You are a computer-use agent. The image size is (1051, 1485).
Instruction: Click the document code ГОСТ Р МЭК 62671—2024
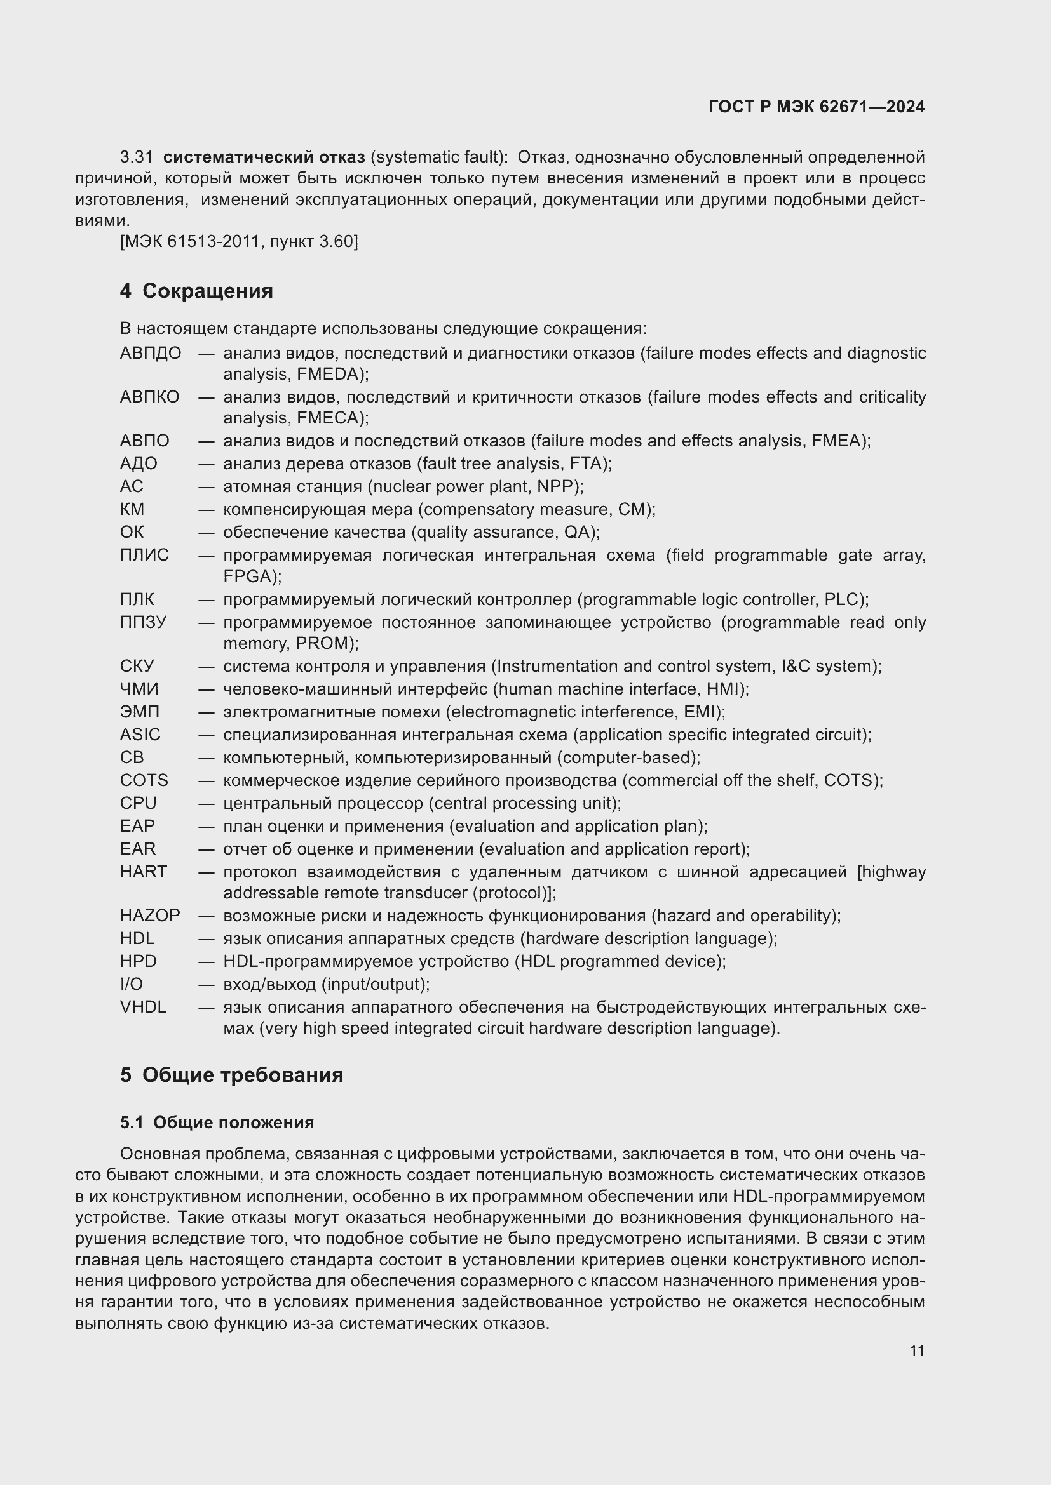point(816,107)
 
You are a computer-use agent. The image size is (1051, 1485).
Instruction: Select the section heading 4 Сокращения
point(196,291)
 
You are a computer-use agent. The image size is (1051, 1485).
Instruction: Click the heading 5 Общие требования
point(231,1074)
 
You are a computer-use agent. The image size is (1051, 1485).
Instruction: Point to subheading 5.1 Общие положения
point(217,1122)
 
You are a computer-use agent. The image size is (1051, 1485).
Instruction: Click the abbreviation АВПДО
point(150,353)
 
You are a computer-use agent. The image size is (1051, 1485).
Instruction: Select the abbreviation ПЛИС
point(144,555)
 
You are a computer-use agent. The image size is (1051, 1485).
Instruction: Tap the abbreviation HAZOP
point(149,916)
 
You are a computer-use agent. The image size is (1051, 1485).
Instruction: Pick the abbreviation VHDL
point(142,1007)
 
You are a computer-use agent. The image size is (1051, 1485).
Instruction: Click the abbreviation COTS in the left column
point(144,780)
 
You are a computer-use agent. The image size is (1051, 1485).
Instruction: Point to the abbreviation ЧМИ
point(139,689)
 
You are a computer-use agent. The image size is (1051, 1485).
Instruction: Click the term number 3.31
point(137,157)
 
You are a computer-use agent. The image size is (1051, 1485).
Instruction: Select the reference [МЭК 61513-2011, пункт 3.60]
point(239,242)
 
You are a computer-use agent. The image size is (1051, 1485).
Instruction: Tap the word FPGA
point(248,576)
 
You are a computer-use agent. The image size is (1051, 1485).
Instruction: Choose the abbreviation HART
point(143,871)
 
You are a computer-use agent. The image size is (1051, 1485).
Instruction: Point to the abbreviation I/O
point(132,985)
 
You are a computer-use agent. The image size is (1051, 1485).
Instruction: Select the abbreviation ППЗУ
point(143,622)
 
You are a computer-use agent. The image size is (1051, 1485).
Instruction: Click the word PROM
point(321,643)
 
